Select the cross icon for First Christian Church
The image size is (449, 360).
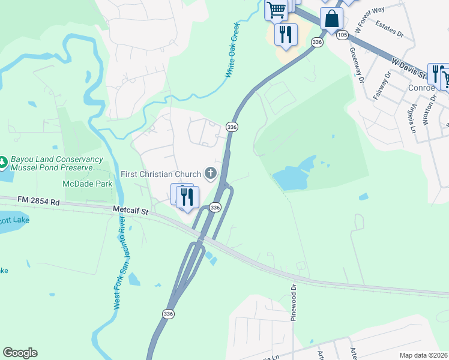[x=210, y=174]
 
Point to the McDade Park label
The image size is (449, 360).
[x=86, y=184]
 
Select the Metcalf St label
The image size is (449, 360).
[x=130, y=210]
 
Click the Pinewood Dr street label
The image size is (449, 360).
[x=294, y=302]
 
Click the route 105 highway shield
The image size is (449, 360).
[x=342, y=35]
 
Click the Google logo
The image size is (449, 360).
[x=20, y=353]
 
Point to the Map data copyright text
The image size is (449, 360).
[x=424, y=355]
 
